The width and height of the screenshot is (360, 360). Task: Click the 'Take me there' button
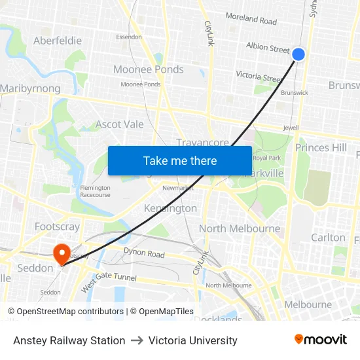click(180, 160)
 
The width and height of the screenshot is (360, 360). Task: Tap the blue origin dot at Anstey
click(298, 54)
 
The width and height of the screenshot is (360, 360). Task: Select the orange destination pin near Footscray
click(62, 254)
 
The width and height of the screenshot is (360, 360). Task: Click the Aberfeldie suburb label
click(58, 41)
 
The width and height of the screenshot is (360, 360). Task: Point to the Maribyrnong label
click(30, 88)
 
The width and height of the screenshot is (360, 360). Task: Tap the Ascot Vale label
click(120, 124)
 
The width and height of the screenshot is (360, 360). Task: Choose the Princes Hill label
click(321, 148)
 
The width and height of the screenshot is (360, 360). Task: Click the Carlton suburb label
click(328, 238)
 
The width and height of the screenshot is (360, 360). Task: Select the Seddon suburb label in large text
click(35, 268)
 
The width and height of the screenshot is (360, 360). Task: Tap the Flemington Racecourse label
click(95, 191)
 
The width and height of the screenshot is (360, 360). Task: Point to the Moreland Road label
click(251, 20)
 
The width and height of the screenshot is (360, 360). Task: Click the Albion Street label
click(268, 48)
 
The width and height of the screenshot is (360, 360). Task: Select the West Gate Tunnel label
click(109, 281)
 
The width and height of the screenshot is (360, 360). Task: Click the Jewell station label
click(291, 128)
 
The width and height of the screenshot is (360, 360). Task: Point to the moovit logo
click(321, 340)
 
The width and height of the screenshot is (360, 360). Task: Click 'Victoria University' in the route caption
click(193, 340)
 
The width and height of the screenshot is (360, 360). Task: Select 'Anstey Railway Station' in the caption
click(69, 340)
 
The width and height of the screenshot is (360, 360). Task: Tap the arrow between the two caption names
click(137, 340)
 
